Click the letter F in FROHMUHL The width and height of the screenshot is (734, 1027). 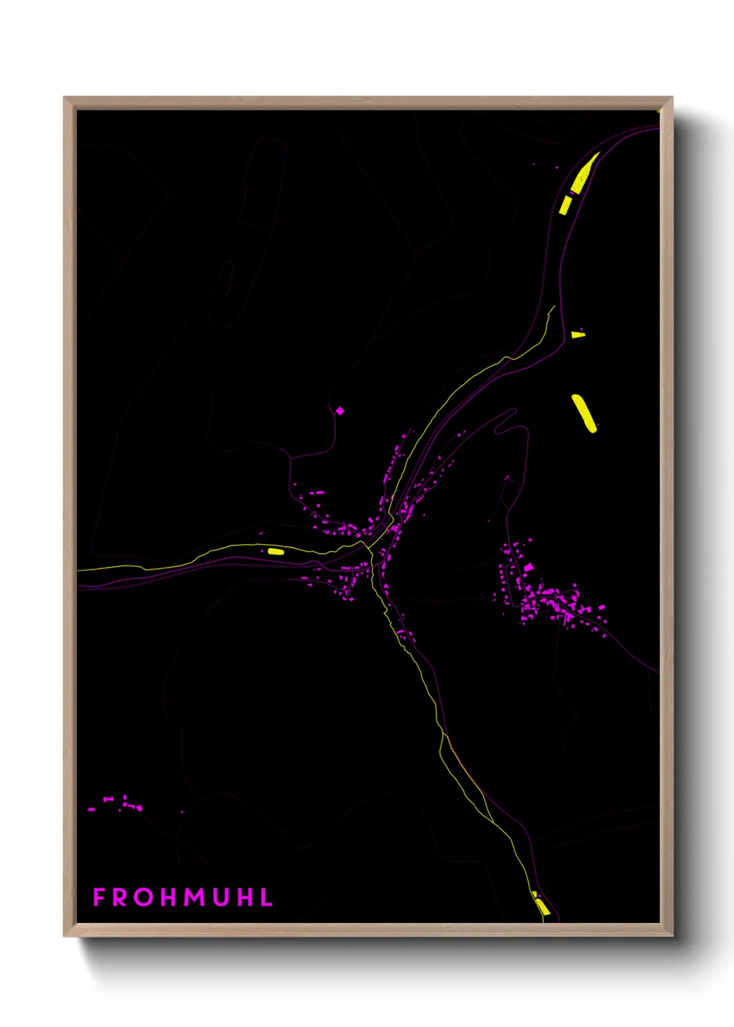pos(99,897)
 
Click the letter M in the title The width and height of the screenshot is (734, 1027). pos(196,897)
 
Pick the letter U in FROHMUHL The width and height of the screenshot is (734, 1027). pos(222,897)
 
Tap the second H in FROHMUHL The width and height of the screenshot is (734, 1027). pos(246,897)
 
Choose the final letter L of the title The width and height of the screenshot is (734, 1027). pos(267,897)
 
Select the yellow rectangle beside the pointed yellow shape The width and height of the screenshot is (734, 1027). pos(566,205)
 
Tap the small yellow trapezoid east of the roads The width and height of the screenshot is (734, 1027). pos(577,335)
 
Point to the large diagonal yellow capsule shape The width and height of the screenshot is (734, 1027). pos(583,413)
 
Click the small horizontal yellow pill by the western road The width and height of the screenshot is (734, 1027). pos(275,552)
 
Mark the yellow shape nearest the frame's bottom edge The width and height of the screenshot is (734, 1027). pos(542,906)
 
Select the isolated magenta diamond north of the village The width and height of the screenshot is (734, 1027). pos(340,411)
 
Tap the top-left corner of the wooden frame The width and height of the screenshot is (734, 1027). pos(65,98)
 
